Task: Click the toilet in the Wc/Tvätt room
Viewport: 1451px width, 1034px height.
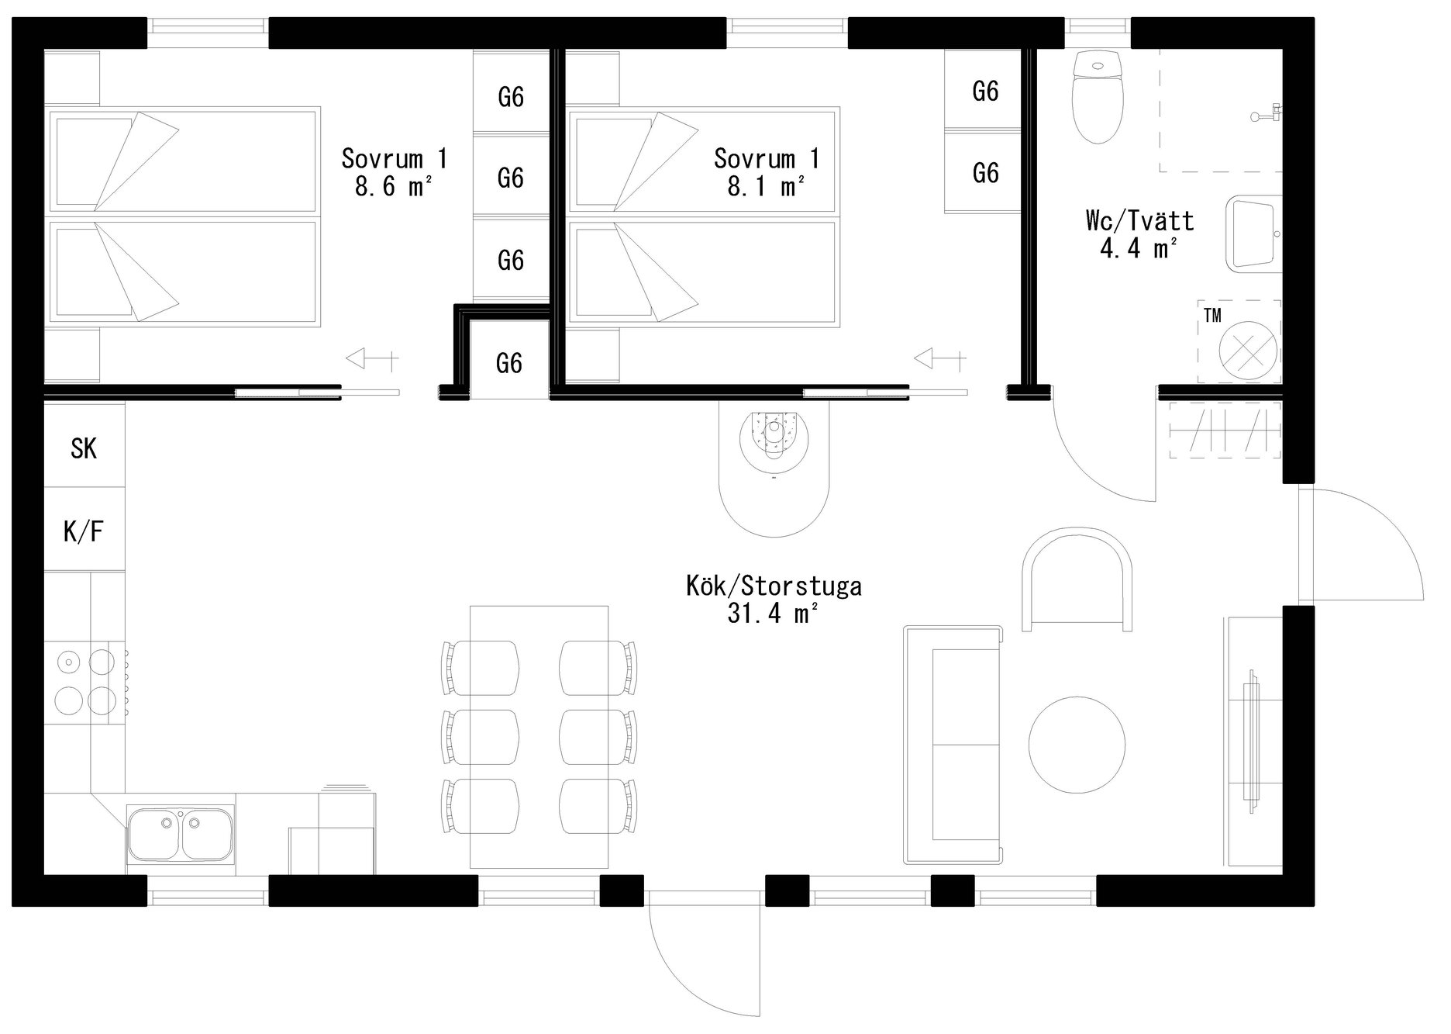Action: [1097, 96]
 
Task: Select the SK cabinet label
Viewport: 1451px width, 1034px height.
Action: [84, 448]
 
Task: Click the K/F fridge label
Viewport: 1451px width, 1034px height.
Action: [84, 531]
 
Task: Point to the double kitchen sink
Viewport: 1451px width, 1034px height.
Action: [181, 835]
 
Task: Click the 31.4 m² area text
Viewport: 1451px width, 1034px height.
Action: [773, 614]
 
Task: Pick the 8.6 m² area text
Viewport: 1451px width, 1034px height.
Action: [393, 186]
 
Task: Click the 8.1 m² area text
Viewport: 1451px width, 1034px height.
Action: [765, 186]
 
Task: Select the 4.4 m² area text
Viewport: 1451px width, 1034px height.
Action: [1139, 247]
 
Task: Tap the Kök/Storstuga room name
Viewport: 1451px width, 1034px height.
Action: [774, 585]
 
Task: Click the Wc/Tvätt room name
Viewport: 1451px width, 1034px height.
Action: [1139, 221]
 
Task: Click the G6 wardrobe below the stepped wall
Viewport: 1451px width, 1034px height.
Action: [509, 362]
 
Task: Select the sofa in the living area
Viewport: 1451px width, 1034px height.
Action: [953, 745]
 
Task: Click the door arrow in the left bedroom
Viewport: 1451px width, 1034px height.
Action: [371, 359]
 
